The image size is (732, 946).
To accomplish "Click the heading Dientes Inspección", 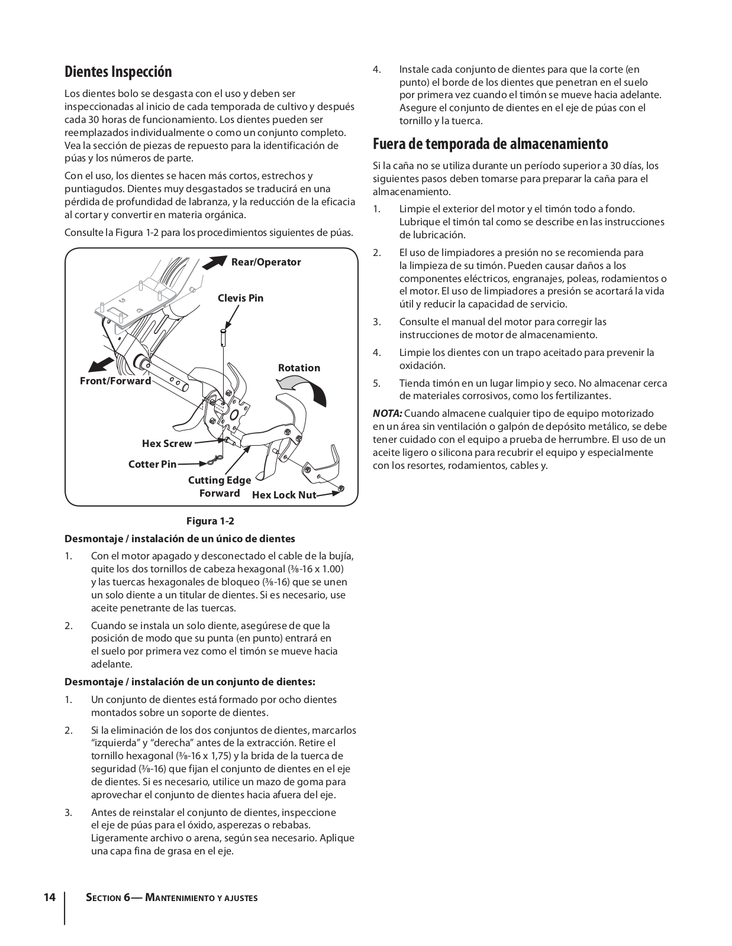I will tap(118, 72).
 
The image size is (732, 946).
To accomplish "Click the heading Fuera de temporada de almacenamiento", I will tap(491, 144).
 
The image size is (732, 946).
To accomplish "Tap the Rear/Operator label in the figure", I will tap(266, 263).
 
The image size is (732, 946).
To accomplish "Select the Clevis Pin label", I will tap(240, 298).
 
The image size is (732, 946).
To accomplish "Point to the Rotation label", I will tap(299, 368).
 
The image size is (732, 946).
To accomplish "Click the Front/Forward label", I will tap(115, 381).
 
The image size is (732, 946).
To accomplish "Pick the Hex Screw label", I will tap(167, 443).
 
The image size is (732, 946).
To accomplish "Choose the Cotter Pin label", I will tap(153, 464).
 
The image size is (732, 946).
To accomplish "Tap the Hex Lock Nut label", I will tap(284, 495).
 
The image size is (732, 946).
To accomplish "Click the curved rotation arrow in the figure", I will tap(304, 388).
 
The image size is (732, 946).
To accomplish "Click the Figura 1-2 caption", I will tap(210, 521).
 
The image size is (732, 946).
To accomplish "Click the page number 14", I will tap(50, 898).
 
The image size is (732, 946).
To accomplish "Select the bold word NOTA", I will tap(387, 413).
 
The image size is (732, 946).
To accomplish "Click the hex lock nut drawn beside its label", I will tap(341, 488).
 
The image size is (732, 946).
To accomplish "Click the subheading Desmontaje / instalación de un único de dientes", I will tap(179, 539).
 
